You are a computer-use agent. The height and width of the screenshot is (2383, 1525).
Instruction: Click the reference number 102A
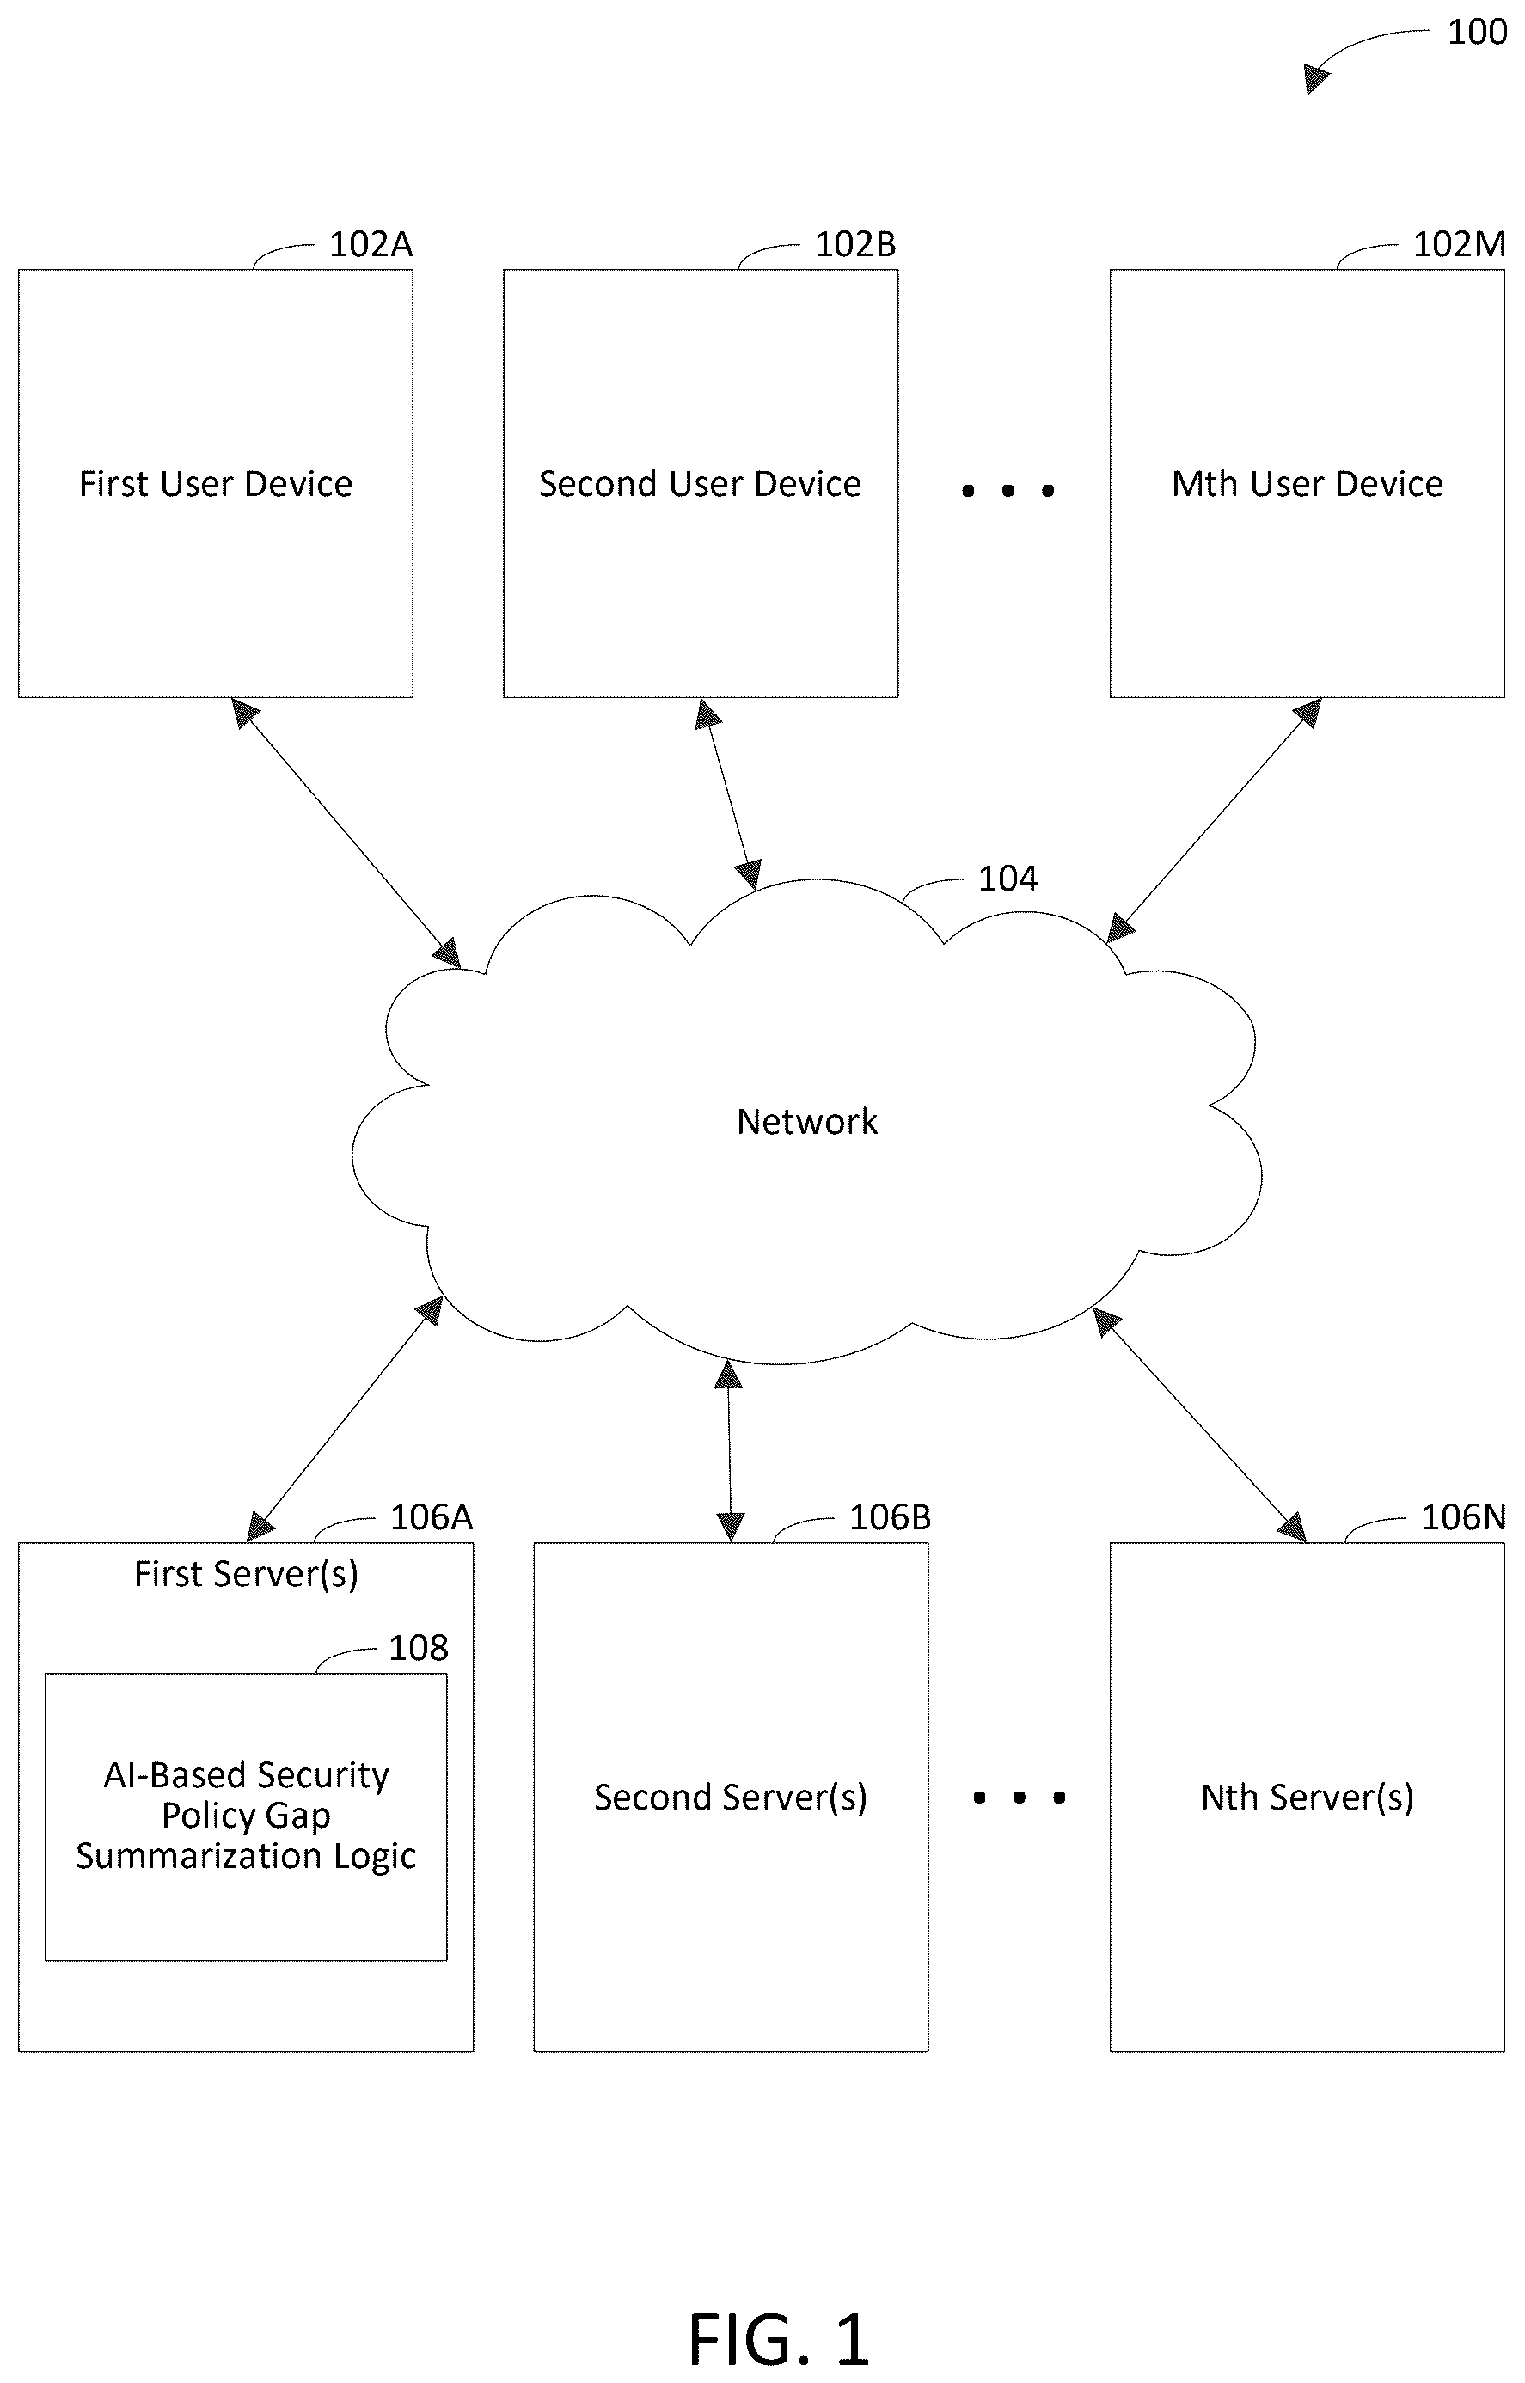click(x=371, y=243)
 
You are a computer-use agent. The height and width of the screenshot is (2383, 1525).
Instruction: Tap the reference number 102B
click(x=854, y=243)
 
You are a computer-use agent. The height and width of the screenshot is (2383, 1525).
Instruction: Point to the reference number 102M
click(x=1459, y=243)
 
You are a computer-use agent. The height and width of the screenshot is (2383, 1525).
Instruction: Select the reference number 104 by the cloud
click(x=1007, y=879)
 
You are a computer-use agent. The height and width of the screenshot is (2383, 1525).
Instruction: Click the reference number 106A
click(x=431, y=1516)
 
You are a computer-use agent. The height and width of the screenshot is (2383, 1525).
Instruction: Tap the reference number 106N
click(x=1462, y=1516)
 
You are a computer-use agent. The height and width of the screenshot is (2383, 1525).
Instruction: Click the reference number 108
click(x=418, y=1647)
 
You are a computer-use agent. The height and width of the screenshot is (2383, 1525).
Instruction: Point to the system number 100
click(x=1477, y=33)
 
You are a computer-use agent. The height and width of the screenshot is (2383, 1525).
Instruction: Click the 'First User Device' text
click(x=216, y=483)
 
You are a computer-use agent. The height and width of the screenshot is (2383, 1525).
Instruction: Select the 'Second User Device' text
click(x=700, y=483)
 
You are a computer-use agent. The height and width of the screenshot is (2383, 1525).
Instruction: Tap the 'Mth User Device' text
click(x=1308, y=483)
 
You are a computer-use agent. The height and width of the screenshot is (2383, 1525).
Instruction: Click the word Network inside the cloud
click(x=807, y=1121)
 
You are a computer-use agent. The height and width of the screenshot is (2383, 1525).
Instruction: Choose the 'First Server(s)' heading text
click(x=246, y=1574)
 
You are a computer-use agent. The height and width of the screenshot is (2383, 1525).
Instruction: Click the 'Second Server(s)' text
click(x=731, y=1797)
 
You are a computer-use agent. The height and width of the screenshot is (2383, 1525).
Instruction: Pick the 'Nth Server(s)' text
click(x=1308, y=1797)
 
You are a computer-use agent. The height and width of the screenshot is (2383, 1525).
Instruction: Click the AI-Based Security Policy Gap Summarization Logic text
click(x=246, y=1816)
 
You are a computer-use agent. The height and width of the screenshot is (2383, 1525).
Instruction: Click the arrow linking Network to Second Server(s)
click(x=730, y=1451)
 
